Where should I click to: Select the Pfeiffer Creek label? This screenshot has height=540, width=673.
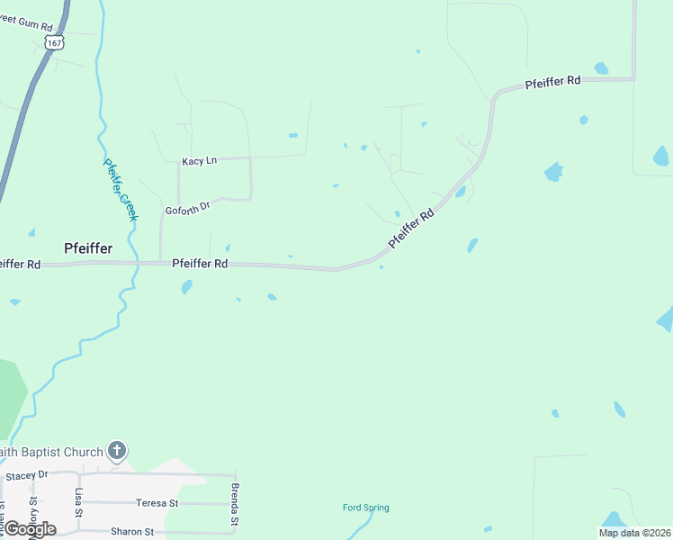tap(120, 190)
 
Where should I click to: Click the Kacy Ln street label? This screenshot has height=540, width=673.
tap(199, 161)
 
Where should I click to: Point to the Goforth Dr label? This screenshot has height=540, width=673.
tap(187, 209)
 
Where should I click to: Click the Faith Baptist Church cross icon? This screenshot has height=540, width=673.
tap(117, 450)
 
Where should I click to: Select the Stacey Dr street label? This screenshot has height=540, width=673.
tap(26, 475)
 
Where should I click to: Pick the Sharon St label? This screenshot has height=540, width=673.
tap(132, 532)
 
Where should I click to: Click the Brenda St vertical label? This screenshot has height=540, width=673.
tap(234, 505)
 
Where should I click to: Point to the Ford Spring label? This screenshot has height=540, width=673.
tap(366, 508)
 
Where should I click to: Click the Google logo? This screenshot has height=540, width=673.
tap(29, 529)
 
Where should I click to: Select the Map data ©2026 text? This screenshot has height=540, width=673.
tap(634, 533)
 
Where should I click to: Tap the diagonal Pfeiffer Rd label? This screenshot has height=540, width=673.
tap(411, 229)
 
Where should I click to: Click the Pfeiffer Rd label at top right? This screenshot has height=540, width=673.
tap(552, 82)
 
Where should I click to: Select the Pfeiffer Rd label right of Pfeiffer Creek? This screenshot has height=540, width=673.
tap(199, 264)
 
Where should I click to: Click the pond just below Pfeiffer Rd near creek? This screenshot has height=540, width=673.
tap(186, 287)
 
